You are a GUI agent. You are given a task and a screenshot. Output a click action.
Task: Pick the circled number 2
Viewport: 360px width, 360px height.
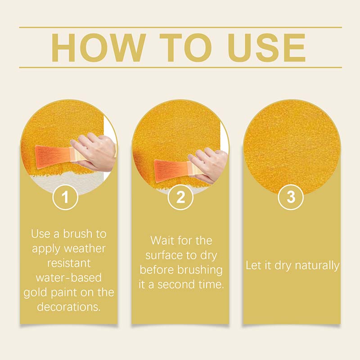click(x=180, y=198)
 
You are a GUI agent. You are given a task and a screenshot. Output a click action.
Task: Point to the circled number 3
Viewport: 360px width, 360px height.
click(x=291, y=198)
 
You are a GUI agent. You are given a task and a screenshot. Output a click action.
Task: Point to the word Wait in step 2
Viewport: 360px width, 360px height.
click(x=163, y=240)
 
